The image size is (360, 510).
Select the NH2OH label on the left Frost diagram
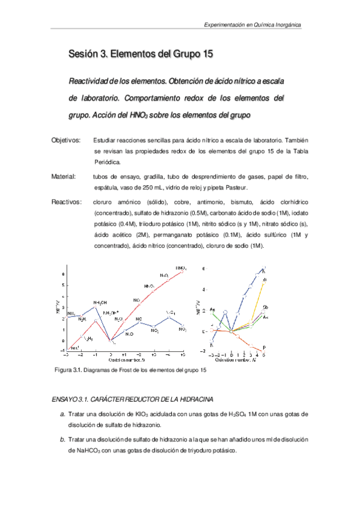(100, 302)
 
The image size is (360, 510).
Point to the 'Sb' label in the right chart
(265, 307)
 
